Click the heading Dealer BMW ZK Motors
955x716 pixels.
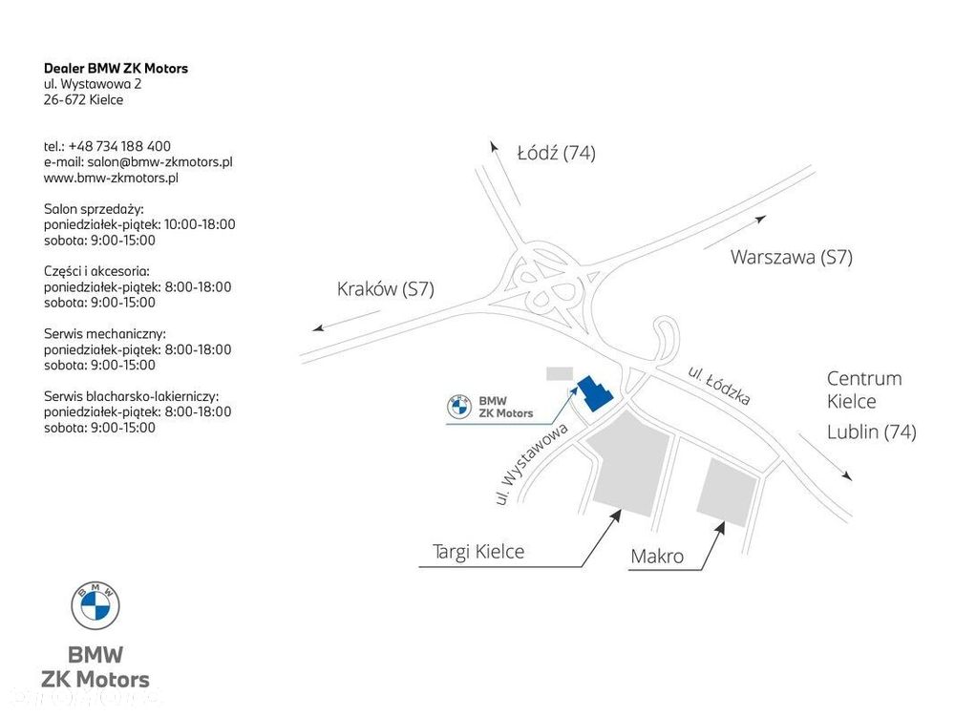[x=116, y=68]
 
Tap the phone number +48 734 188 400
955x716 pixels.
[x=119, y=146]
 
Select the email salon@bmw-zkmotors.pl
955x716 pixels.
[x=159, y=162]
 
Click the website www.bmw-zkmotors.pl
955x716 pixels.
[x=111, y=178]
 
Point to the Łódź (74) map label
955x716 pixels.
[x=556, y=152]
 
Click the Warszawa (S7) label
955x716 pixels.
[x=791, y=257]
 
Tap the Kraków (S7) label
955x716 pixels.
[x=386, y=288]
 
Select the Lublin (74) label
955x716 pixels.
[x=871, y=432]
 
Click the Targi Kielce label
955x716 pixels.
[x=478, y=552]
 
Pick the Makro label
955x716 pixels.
[x=657, y=556]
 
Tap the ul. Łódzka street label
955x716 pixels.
[x=719, y=386]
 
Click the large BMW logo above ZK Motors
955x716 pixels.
[x=95, y=605]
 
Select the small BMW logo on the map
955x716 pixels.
[x=459, y=407]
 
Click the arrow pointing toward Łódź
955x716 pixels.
[x=505, y=174]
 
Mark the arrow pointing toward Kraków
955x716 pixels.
[x=347, y=321]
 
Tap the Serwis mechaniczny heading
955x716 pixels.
[x=105, y=333]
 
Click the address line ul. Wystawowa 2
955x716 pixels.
[x=93, y=84]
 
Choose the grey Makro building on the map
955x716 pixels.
[x=727, y=493]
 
